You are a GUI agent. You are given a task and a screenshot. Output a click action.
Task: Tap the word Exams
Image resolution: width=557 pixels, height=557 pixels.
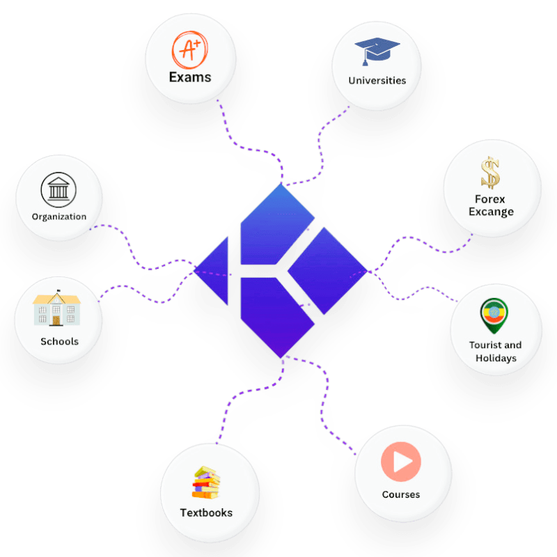(189, 77)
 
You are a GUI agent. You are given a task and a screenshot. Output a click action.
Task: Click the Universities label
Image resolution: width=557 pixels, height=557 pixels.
(377, 80)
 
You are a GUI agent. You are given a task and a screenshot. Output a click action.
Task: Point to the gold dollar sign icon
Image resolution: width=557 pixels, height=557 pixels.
(491, 173)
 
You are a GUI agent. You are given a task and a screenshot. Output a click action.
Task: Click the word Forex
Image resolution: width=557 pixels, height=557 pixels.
(490, 199)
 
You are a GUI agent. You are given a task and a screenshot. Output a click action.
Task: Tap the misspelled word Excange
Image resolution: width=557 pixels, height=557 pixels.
(490, 212)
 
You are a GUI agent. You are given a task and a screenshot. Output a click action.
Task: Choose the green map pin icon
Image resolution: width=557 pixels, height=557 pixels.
(495, 315)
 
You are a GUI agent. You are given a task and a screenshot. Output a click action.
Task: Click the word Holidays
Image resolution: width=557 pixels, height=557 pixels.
(496, 358)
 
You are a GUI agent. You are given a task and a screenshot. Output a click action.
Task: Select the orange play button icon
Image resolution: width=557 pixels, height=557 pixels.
(400, 462)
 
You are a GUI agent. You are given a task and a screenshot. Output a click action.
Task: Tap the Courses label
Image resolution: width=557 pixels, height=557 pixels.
(400, 494)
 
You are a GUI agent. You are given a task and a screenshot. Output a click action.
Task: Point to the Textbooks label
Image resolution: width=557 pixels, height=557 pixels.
(206, 513)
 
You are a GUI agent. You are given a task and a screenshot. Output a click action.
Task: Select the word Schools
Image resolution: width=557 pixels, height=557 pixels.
(59, 342)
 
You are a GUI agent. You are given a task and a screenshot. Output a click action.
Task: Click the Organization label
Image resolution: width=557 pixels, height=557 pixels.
(59, 217)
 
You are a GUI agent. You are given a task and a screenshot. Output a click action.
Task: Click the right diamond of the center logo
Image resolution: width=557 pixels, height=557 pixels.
(326, 269)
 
